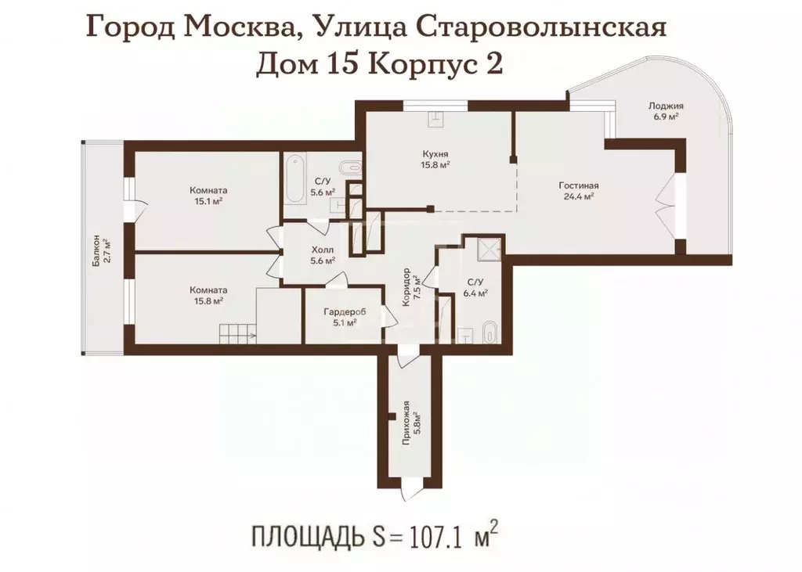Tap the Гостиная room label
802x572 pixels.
tap(578, 185)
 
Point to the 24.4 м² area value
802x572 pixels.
tap(578, 196)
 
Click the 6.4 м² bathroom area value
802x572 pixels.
tap(475, 293)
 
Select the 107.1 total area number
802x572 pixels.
tap(432, 538)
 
